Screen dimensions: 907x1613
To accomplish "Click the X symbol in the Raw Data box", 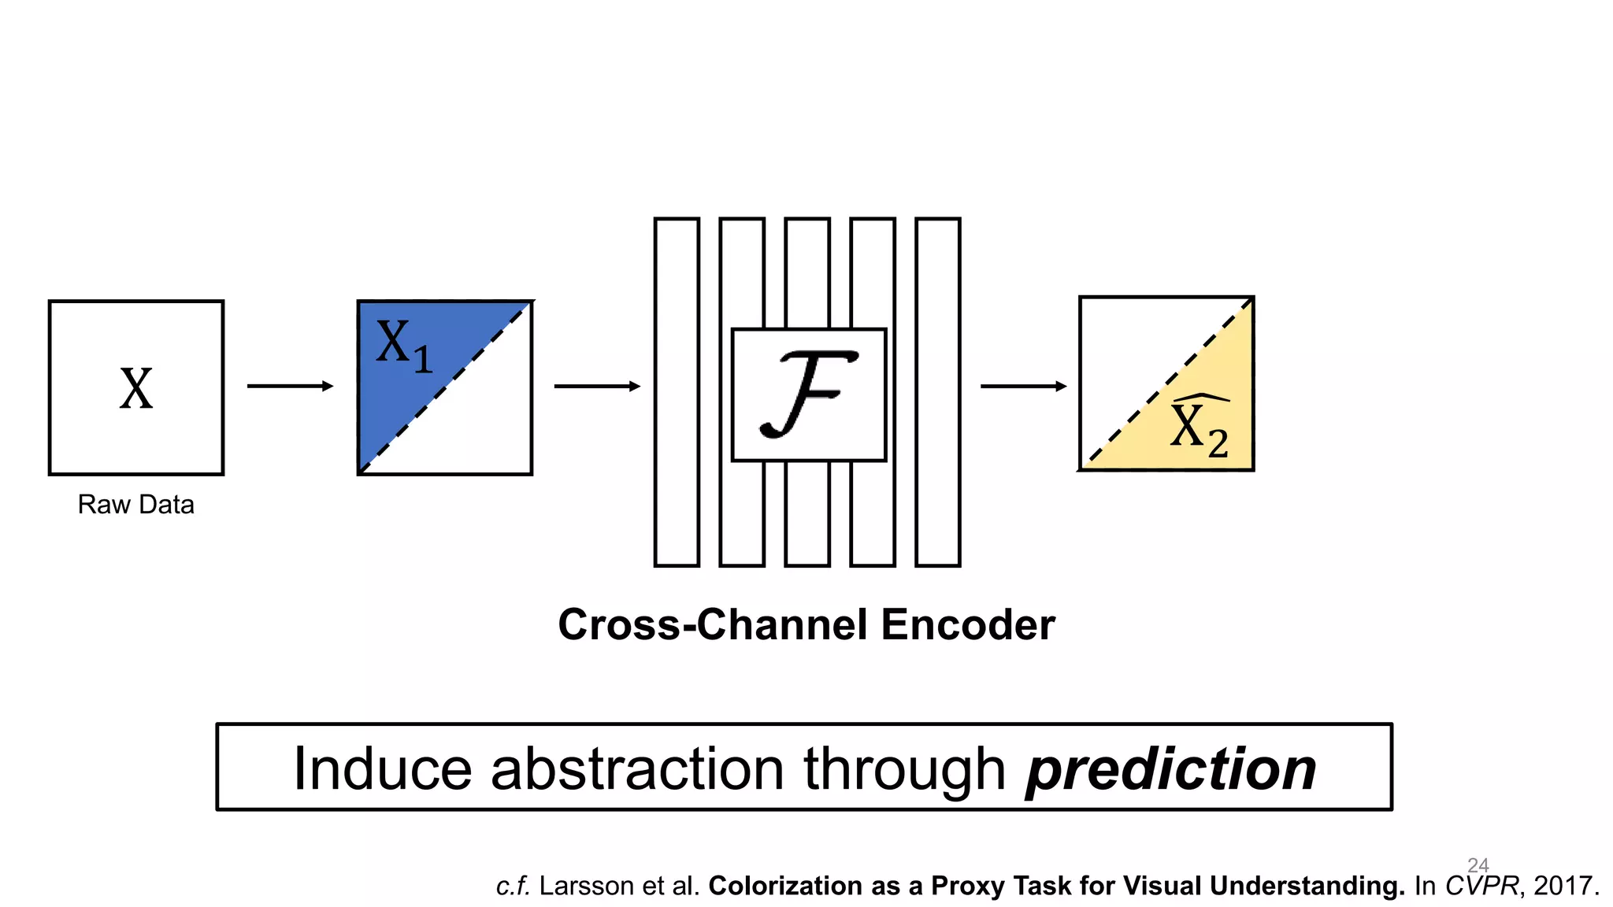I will pyautogui.click(x=136, y=389).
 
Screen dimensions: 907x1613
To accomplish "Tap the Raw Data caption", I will pyautogui.click(x=135, y=505).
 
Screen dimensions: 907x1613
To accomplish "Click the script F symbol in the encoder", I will pyautogui.click(x=808, y=394).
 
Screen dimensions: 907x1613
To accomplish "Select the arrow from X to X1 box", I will pyautogui.click(x=290, y=386).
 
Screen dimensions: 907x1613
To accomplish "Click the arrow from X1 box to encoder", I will pyautogui.click(x=597, y=386).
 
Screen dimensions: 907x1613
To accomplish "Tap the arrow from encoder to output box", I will pyautogui.click(x=1023, y=386).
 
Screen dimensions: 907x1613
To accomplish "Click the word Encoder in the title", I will pyautogui.click(x=968, y=625).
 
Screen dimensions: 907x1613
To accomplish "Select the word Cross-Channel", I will pyautogui.click(x=714, y=625).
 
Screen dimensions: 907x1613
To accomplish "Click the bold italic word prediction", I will pyautogui.click(x=1170, y=769).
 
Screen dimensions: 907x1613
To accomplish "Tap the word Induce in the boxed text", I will pyautogui.click(x=381, y=769).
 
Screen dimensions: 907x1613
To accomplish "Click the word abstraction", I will pyautogui.click(x=636, y=769).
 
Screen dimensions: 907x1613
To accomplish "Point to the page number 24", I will pyautogui.click(x=1478, y=864).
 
